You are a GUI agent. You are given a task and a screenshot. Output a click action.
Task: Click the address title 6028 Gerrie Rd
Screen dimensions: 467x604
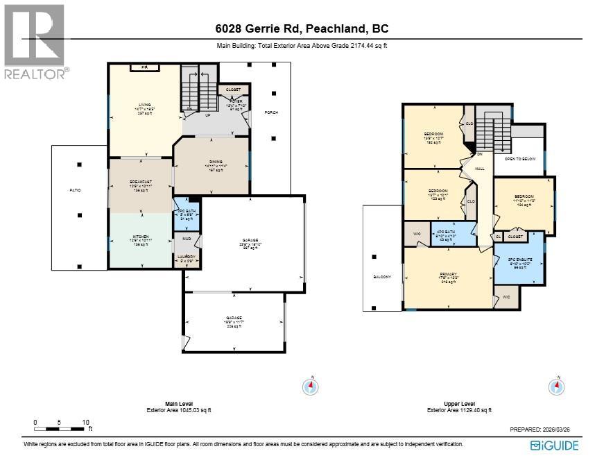301,28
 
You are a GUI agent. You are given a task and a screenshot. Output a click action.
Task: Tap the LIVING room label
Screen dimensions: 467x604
144,105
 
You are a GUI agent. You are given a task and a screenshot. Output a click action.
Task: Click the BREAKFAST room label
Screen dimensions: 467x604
141,182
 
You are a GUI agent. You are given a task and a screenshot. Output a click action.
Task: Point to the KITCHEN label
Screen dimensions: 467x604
141,237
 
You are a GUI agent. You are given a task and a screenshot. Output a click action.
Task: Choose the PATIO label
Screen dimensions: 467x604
75,190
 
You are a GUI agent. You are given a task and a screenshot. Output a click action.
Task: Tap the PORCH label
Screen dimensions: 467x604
271,112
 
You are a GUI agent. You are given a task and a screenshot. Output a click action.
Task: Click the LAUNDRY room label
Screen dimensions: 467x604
186,257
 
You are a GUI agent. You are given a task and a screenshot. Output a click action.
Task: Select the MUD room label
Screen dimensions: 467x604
186,239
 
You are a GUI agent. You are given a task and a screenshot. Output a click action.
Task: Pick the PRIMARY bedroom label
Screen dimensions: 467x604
447,273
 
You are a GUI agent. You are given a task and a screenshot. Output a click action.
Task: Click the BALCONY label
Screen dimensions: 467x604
382,277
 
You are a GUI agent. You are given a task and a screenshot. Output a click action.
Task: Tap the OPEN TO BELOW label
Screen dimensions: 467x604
519,159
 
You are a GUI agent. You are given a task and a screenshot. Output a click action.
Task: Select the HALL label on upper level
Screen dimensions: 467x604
478,167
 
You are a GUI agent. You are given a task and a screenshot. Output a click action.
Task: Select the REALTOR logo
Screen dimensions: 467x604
36,42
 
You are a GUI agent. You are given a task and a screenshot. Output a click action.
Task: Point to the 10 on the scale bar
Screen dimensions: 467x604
85,422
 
